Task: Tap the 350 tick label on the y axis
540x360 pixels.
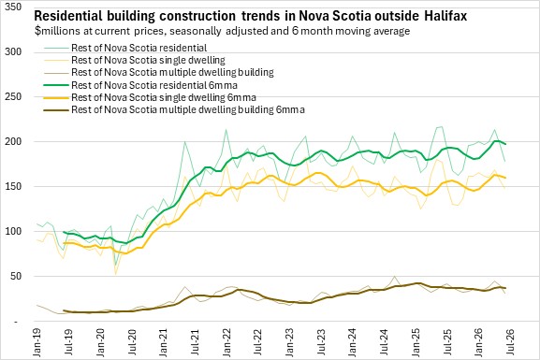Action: (13, 7)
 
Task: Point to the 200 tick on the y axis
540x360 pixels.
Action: (13, 141)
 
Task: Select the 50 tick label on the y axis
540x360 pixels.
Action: (16, 276)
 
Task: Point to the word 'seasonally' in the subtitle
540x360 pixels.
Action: (196, 31)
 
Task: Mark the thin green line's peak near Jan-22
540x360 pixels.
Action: (226, 130)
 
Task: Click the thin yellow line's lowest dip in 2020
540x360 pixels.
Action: (116, 274)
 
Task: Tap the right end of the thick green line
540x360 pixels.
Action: (505, 144)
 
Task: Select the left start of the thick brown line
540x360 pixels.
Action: (64, 310)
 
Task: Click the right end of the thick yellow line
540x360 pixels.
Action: (505, 178)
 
